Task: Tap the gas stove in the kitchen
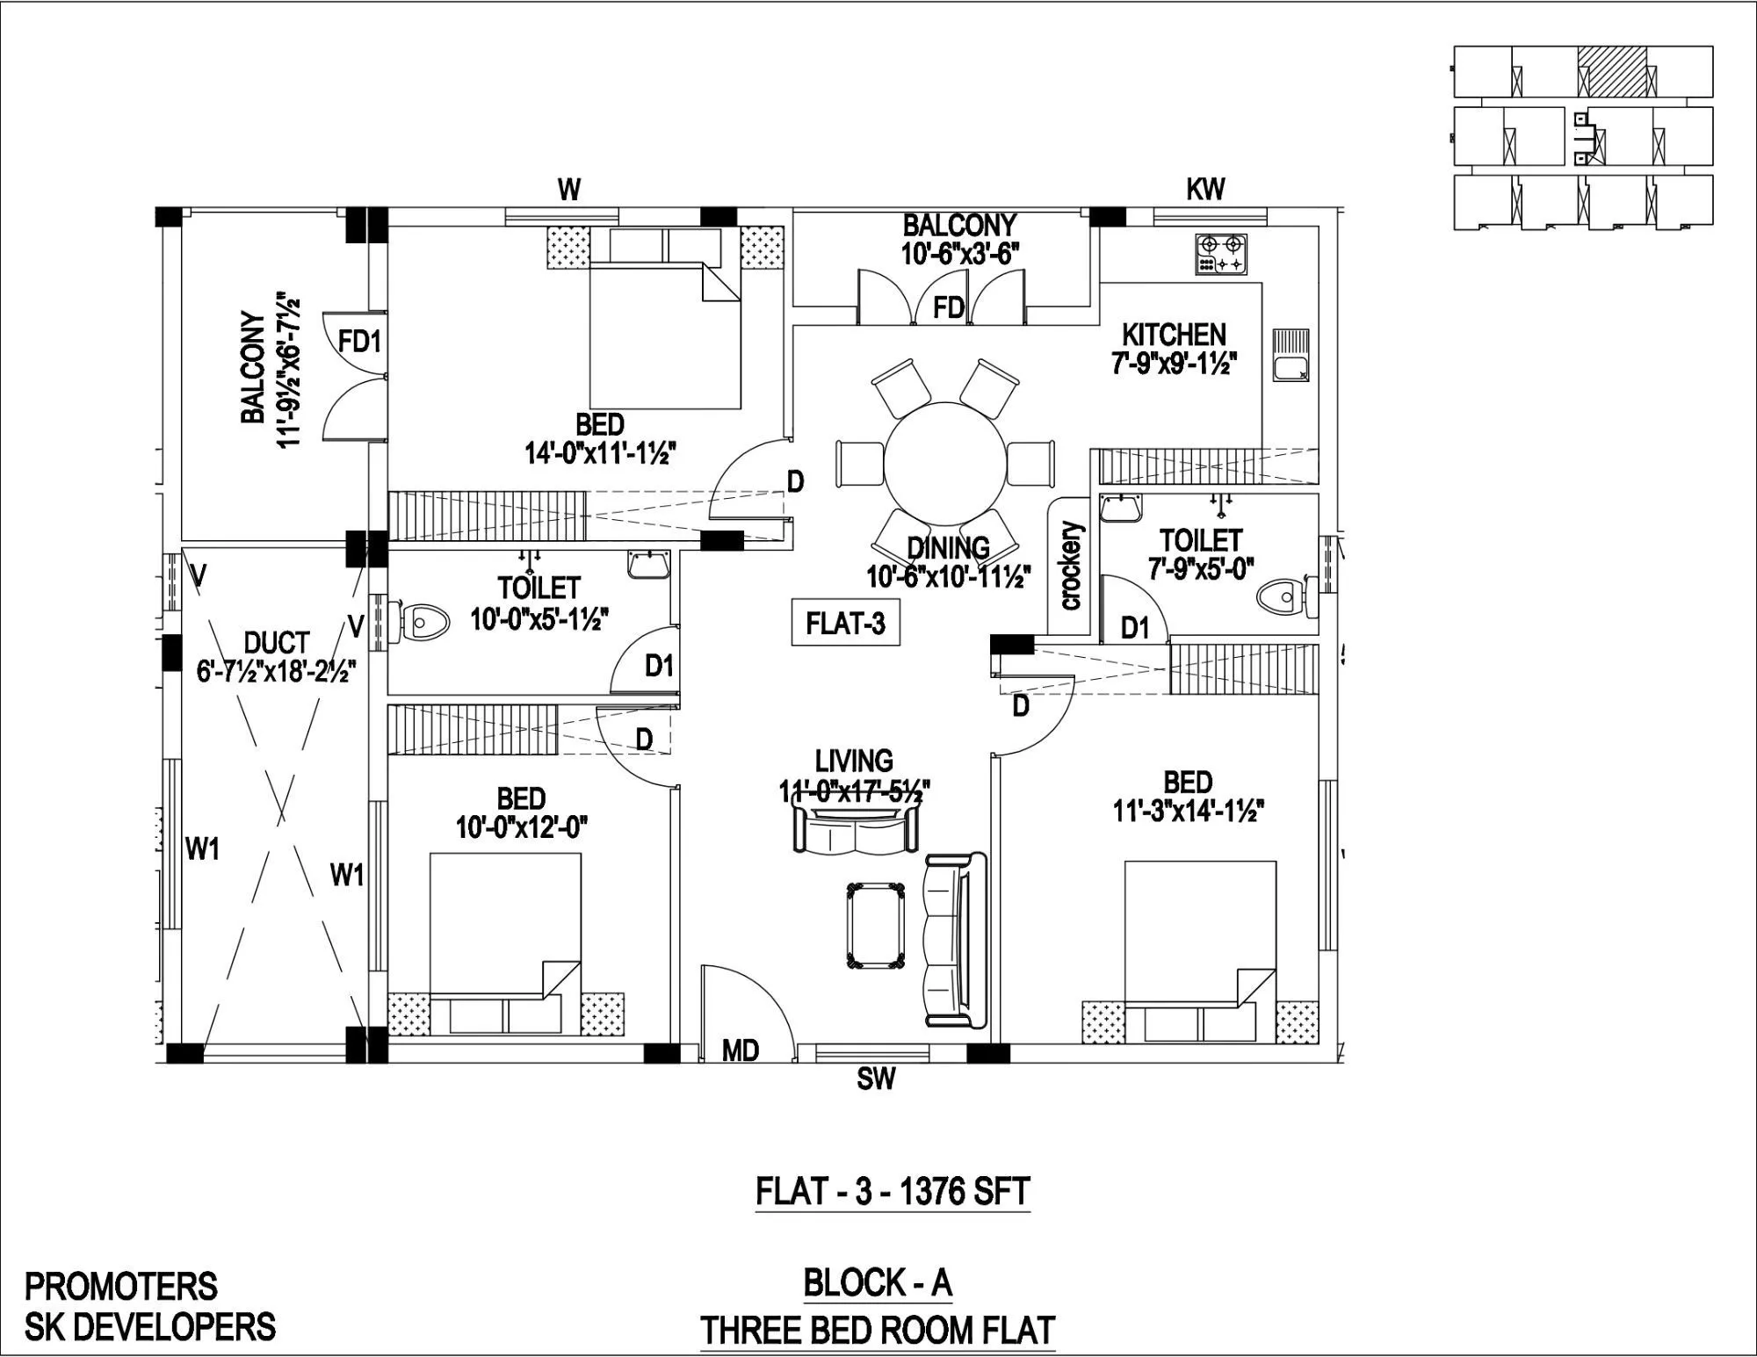(1221, 254)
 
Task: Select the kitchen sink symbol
(1290, 355)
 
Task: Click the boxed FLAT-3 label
(845, 623)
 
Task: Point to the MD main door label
(740, 1050)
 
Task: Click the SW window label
(875, 1079)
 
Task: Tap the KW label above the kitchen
(1205, 190)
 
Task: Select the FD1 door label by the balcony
(359, 341)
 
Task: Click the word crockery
(1072, 566)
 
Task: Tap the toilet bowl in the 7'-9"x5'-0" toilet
(1281, 599)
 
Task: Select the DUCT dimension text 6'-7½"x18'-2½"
(276, 674)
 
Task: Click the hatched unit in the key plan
(1611, 70)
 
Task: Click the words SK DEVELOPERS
(149, 1326)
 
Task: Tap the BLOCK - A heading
(878, 1283)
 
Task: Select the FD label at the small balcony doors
(949, 307)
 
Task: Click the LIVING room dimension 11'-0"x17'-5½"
(854, 790)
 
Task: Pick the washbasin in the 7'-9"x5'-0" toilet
(1121, 508)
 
